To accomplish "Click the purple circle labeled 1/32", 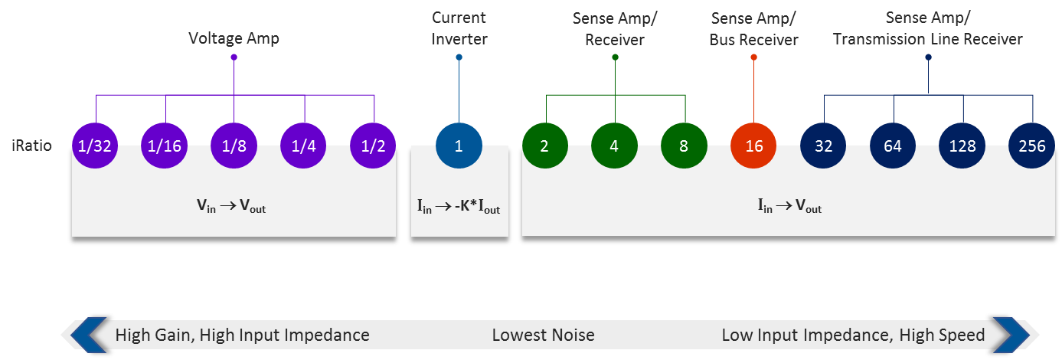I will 95,145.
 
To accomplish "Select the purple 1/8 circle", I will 234,145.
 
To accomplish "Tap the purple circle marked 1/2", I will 374,145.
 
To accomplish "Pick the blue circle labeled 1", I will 459,145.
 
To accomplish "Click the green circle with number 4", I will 614,145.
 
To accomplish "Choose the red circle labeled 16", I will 754,145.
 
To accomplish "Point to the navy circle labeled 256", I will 1031,145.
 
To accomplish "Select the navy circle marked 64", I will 893,145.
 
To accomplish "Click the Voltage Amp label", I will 234,37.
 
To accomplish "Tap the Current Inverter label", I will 459,28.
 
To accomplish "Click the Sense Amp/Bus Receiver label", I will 754,28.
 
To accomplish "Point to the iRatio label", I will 32,145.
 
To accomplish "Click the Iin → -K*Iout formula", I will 459,207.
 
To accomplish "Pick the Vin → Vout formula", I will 234,207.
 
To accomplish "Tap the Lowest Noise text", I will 543,335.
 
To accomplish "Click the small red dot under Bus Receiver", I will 754,57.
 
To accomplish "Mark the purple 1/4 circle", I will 304,145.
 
